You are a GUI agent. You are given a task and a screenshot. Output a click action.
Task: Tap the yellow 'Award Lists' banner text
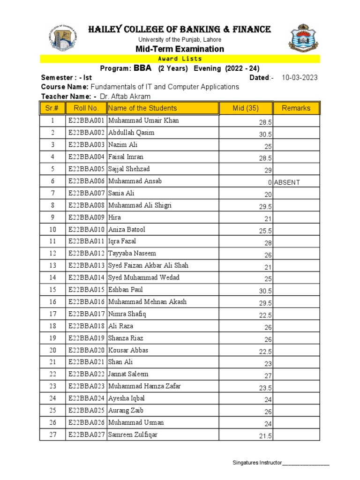pyautogui.click(x=180, y=59)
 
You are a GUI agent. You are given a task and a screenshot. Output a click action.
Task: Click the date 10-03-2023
pyautogui.click(x=300, y=78)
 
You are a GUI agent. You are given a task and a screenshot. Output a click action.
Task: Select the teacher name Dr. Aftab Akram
pyautogui.click(x=126, y=96)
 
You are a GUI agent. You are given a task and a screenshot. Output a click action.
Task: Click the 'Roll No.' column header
pyautogui.click(x=83, y=108)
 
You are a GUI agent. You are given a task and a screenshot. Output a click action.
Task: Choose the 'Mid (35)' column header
pyautogui.click(x=246, y=108)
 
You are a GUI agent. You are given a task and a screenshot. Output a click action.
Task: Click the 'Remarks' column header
pyautogui.click(x=296, y=108)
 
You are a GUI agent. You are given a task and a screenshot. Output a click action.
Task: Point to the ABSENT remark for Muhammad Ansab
pyautogui.click(x=287, y=182)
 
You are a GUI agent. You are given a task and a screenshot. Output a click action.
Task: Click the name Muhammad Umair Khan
pyautogui.click(x=143, y=120)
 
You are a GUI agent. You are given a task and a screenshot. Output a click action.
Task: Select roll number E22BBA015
pyautogui.click(x=86, y=290)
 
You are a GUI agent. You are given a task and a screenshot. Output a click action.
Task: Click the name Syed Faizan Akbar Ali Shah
pyautogui.click(x=148, y=265)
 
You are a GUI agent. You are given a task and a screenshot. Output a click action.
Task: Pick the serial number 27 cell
pyautogui.click(x=53, y=435)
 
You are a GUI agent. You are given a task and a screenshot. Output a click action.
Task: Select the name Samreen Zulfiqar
pyautogui.click(x=133, y=435)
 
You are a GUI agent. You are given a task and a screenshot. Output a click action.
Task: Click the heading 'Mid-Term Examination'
pyautogui.click(x=180, y=49)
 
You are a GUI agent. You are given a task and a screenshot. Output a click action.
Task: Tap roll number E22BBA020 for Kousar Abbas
pyautogui.click(x=86, y=350)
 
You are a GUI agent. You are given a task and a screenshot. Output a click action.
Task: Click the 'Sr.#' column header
pyautogui.click(x=53, y=108)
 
